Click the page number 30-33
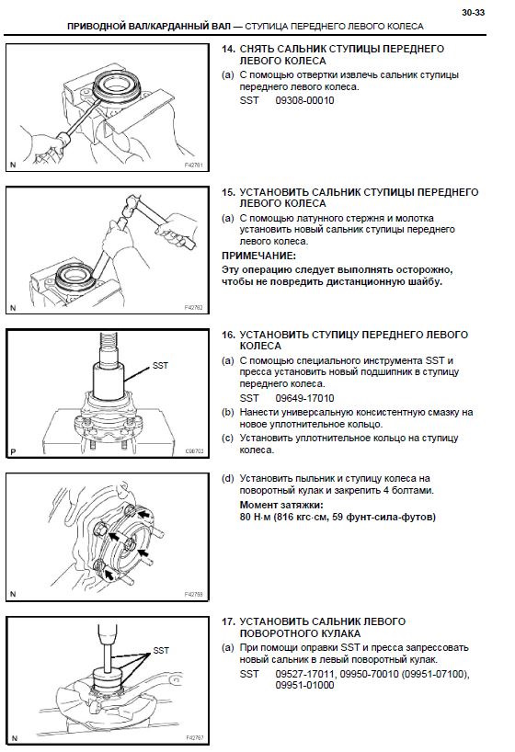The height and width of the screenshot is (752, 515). click(473, 13)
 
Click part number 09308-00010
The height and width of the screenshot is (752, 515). click(304, 101)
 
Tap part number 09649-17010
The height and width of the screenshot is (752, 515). click(304, 398)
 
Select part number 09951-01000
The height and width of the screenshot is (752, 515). click(304, 685)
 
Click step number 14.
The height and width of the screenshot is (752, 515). click(228, 49)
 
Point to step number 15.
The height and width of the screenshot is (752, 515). click(228, 192)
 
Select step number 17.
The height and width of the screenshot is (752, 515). click(228, 621)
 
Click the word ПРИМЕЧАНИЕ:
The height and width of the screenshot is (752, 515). click(258, 256)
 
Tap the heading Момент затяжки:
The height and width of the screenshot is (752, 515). click(281, 505)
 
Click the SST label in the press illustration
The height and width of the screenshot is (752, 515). click(160, 366)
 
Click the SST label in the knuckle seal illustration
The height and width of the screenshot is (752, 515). click(161, 651)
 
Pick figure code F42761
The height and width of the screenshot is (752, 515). click(194, 165)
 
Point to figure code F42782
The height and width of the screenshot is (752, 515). click(194, 308)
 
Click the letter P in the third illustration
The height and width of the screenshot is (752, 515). click(13, 451)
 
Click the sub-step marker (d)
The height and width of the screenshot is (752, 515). click(228, 479)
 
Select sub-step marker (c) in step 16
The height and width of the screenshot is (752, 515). click(228, 439)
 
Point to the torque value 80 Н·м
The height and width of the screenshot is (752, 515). click(256, 517)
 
